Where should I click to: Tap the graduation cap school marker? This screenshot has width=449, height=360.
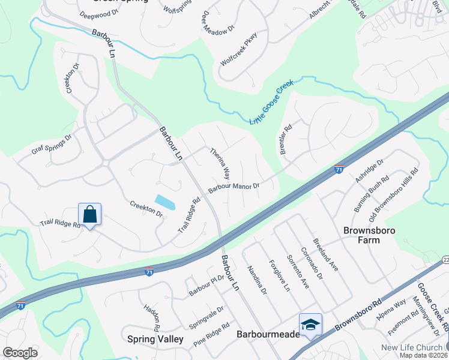click(310, 325)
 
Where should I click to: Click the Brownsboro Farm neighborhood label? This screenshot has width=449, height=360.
click(361, 235)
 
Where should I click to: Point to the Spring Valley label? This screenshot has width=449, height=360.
click(155, 339)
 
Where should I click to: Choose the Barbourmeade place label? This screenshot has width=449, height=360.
click(268, 334)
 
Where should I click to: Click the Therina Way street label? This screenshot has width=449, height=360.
click(220, 164)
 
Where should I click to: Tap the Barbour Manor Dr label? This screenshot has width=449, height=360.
click(234, 188)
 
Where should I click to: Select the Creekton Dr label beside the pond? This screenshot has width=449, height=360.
click(146, 209)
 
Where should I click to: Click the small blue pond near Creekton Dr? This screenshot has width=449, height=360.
click(165, 202)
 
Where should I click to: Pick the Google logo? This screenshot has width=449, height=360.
click(20, 353)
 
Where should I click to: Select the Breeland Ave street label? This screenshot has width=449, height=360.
click(325, 256)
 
